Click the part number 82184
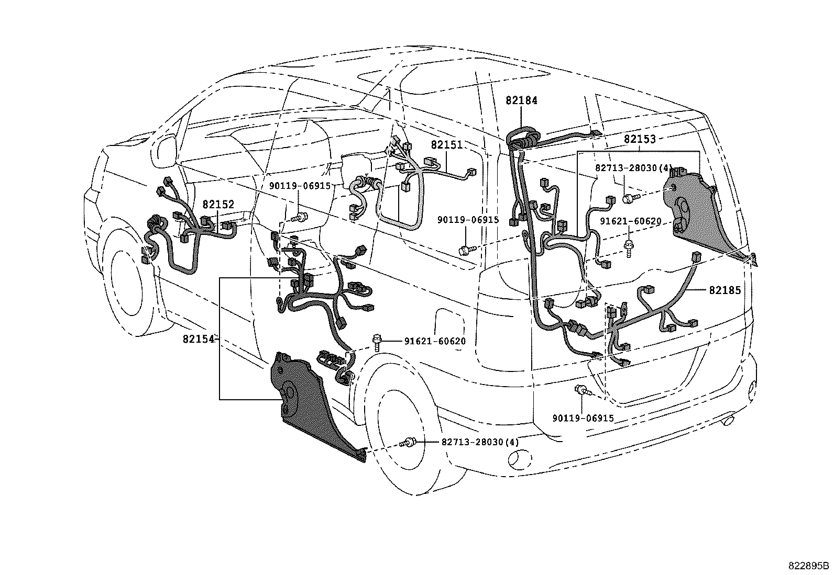tap(521, 100)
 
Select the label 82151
tap(447, 145)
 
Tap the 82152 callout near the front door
tap(218, 205)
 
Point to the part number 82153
tap(640, 139)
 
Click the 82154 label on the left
tap(199, 339)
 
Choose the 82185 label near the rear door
tap(725, 290)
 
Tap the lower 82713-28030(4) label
tap(480, 442)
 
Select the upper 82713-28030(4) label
tap(633, 168)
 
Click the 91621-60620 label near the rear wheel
tap(435, 342)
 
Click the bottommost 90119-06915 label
tap(583, 419)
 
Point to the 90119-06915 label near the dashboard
tap(300, 186)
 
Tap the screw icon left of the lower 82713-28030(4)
tap(407, 443)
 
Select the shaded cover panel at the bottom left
tap(309, 408)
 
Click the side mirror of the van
tap(164, 149)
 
